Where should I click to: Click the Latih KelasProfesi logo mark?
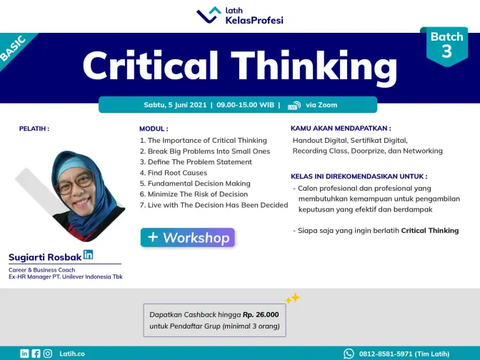coord(209,16)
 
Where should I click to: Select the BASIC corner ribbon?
coord(14,49)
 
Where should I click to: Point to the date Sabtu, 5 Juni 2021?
coord(175,105)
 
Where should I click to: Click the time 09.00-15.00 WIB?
coord(245,105)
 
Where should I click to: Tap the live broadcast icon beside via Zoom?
coord(294,105)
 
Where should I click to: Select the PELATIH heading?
coord(34,129)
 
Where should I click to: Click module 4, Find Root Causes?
coord(174,173)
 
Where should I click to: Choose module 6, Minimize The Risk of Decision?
coord(194,194)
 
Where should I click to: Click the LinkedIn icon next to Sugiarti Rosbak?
coord(88,255)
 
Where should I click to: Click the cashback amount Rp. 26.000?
coord(261,315)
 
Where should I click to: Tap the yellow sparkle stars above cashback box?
coord(292,298)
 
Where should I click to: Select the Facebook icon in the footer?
coord(36,354)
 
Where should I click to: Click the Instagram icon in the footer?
coord(48,354)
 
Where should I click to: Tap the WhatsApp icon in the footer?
coord(349,354)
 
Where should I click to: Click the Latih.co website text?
coord(72,354)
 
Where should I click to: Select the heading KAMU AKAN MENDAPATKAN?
coord(341,129)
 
